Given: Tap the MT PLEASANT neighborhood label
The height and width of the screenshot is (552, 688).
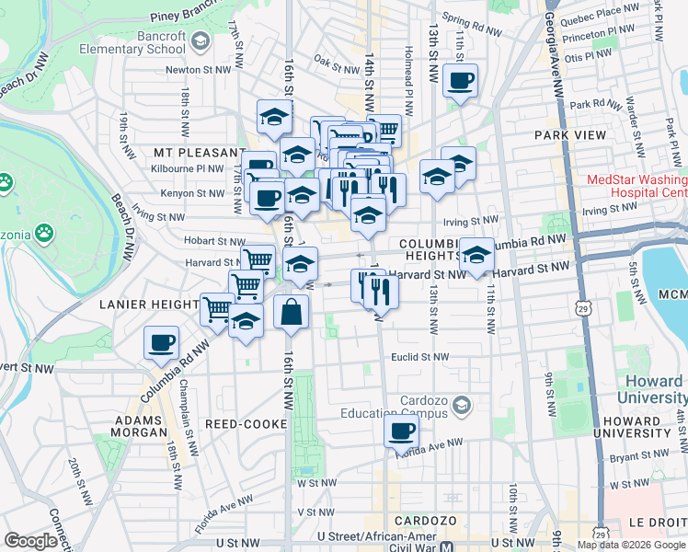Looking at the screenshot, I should (194, 152).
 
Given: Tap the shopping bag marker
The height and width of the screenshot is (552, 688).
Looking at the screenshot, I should (291, 313).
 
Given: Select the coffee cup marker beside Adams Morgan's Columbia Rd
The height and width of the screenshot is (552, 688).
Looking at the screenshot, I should (162, 343).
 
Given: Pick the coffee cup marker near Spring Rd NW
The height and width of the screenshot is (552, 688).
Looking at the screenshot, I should (459, 79).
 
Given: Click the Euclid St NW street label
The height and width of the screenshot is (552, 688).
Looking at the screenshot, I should (419, 357).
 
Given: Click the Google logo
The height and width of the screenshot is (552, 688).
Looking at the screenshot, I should (31, 541).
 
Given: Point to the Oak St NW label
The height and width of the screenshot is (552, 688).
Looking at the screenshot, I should (336, 67).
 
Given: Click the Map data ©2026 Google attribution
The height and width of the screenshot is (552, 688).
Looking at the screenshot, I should (632, 545).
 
